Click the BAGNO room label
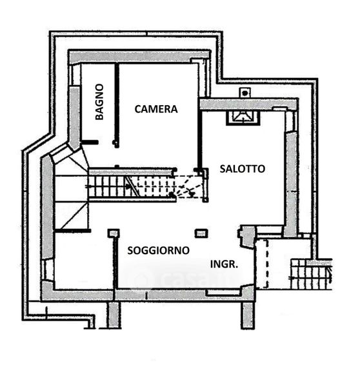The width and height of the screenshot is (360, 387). [99, 102]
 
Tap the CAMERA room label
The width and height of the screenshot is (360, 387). [156, 109]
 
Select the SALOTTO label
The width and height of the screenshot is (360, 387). [242, 169]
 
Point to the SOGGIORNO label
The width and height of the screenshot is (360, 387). [158, 250]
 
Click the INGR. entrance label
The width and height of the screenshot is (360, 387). [224, 264]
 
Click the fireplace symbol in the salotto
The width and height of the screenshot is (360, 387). [243, 118]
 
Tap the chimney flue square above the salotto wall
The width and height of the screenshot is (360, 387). [245, 93]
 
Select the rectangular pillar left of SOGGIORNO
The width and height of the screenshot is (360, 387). [114, 233]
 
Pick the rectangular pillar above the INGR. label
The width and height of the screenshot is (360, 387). [201, 233]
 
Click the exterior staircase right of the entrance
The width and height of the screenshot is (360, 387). [311, 274]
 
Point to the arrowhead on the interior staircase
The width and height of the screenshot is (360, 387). [128, 186]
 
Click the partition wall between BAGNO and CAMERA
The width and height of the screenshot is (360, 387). [117, 106]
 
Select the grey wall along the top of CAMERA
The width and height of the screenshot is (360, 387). [139, 57]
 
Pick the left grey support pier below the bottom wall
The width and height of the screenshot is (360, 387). [115, 315]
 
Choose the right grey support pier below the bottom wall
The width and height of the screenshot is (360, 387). [248, 315]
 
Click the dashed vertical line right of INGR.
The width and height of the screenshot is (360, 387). [267, 264]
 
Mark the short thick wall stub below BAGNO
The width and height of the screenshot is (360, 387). [90, 142]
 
